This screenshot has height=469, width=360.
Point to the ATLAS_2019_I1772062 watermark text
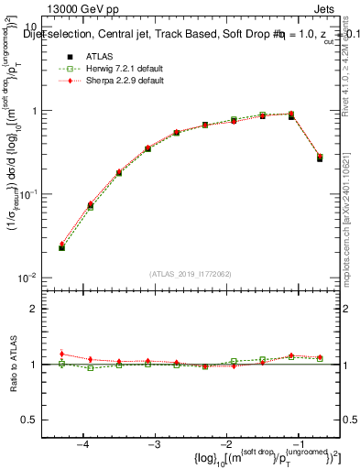191,274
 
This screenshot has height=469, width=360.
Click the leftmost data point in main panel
61,247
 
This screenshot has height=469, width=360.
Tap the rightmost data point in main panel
320,158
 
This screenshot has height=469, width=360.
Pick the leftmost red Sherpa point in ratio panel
61,354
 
